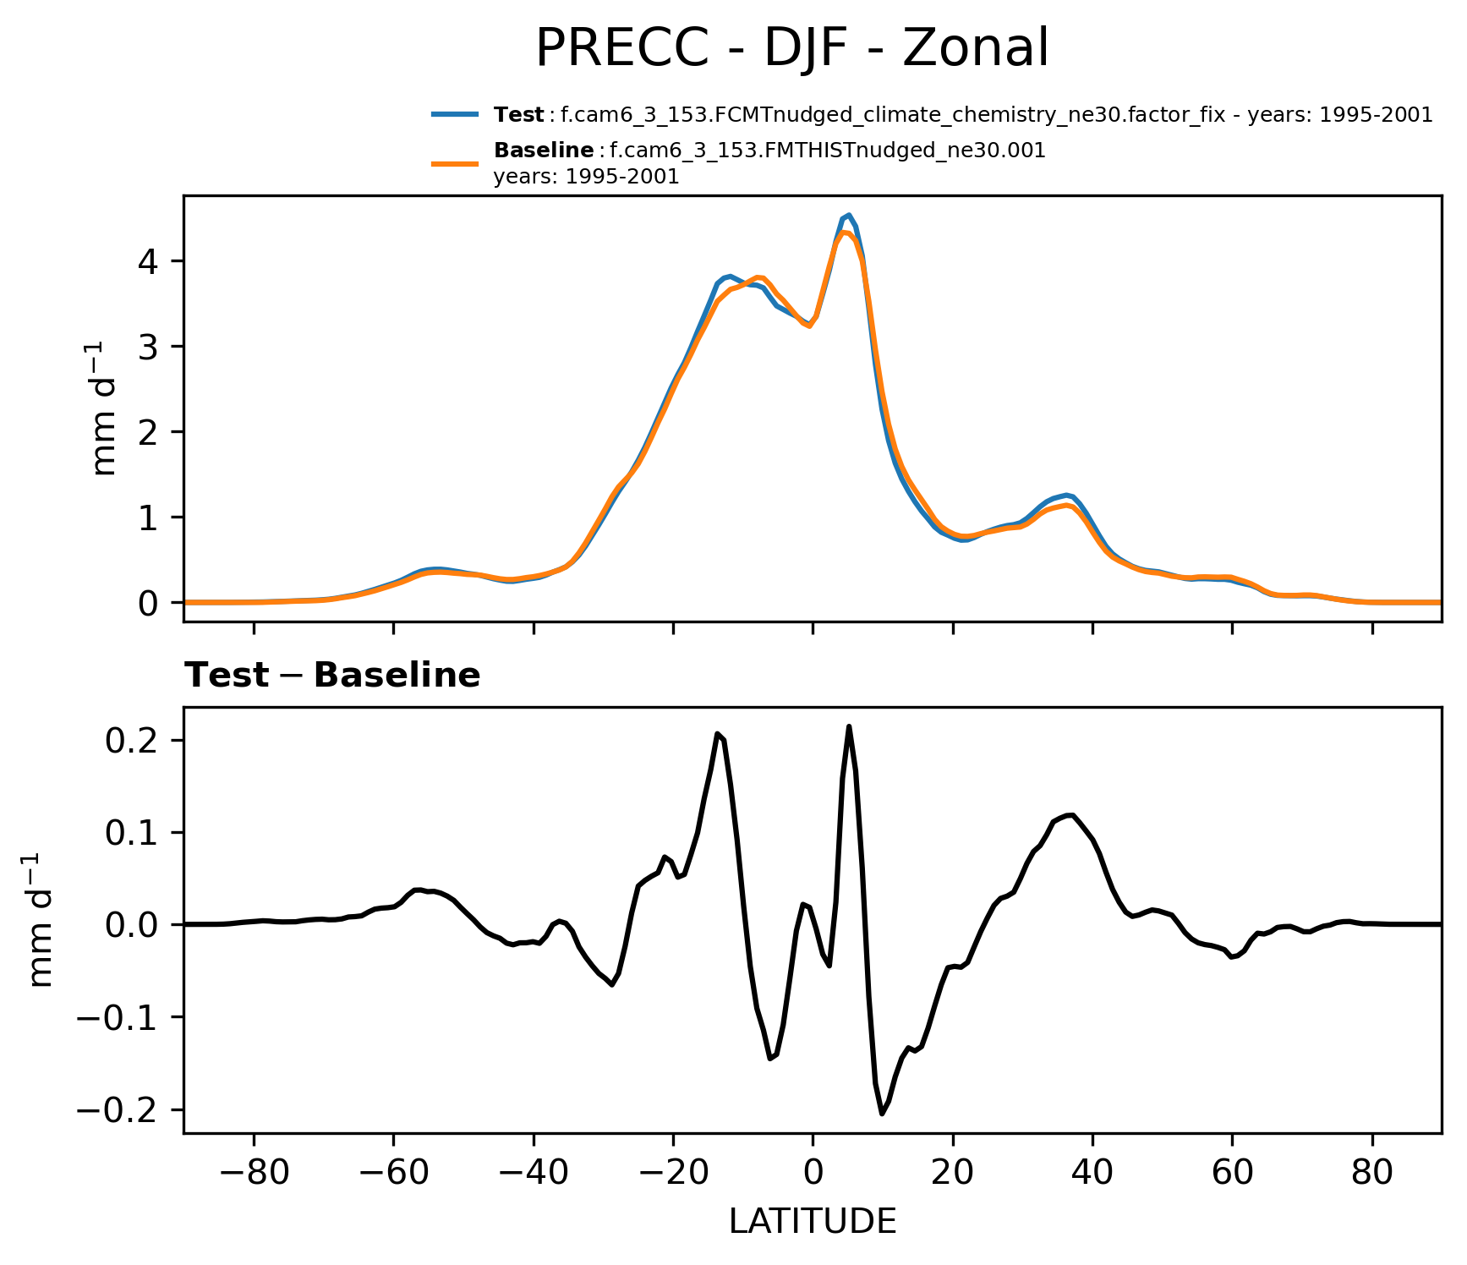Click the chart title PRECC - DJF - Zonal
point(791,48)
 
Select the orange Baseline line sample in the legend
point(456,163)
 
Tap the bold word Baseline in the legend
point(543,151)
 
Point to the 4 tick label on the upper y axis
point(149,261)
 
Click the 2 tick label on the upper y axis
point(149,432)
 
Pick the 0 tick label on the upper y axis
point(149,603)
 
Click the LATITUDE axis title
point(812,1222)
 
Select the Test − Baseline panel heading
point(332,676)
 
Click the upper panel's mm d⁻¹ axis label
point(106,408)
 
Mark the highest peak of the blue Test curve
point(849,215)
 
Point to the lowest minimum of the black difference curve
point(882,1114)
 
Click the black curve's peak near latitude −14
point(717,734)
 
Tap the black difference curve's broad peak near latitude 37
point(1071,814)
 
